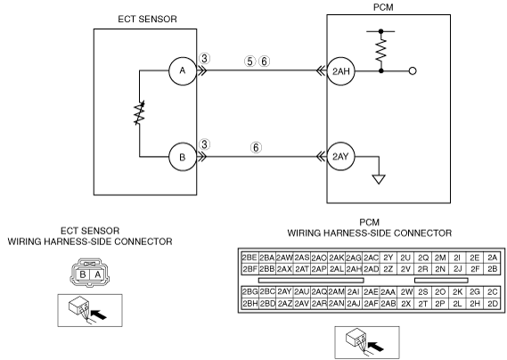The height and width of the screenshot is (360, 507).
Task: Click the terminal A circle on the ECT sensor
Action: coord(183,70)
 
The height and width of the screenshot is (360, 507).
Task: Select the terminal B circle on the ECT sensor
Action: coord(183,157)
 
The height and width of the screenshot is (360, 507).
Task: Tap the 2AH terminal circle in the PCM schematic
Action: coord(341,71)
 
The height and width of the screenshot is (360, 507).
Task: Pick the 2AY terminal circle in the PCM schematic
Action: coord(341,157)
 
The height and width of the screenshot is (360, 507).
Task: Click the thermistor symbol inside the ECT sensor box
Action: coord(139,113)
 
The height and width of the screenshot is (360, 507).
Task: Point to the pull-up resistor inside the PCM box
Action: coord(380,50)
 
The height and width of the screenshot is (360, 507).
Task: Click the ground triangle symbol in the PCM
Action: coord(379,179)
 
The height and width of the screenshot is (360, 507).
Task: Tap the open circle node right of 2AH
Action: coord(413,70)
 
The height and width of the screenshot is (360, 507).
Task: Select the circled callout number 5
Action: coord(249,61)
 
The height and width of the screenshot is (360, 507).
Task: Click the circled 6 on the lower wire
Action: coord(256,148)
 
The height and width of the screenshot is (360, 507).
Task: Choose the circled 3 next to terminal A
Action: coord(204,59)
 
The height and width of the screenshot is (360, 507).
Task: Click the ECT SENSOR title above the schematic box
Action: coord(147,19)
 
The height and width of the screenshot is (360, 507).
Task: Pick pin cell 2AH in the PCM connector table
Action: coord(354,269)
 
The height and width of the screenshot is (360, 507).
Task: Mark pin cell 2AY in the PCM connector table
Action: coord(284,291)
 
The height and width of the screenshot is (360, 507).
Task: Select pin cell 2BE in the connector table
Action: coord(249,258)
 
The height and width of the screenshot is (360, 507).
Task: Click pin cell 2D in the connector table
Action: coord(493,303)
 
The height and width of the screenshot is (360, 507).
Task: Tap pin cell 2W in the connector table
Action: coord(405,291)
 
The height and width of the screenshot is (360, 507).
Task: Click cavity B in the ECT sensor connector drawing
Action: coord(83,274)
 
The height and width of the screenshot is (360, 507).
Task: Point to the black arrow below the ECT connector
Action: coord(99,314)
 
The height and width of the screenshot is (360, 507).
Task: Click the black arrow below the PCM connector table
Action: coord(375,346)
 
